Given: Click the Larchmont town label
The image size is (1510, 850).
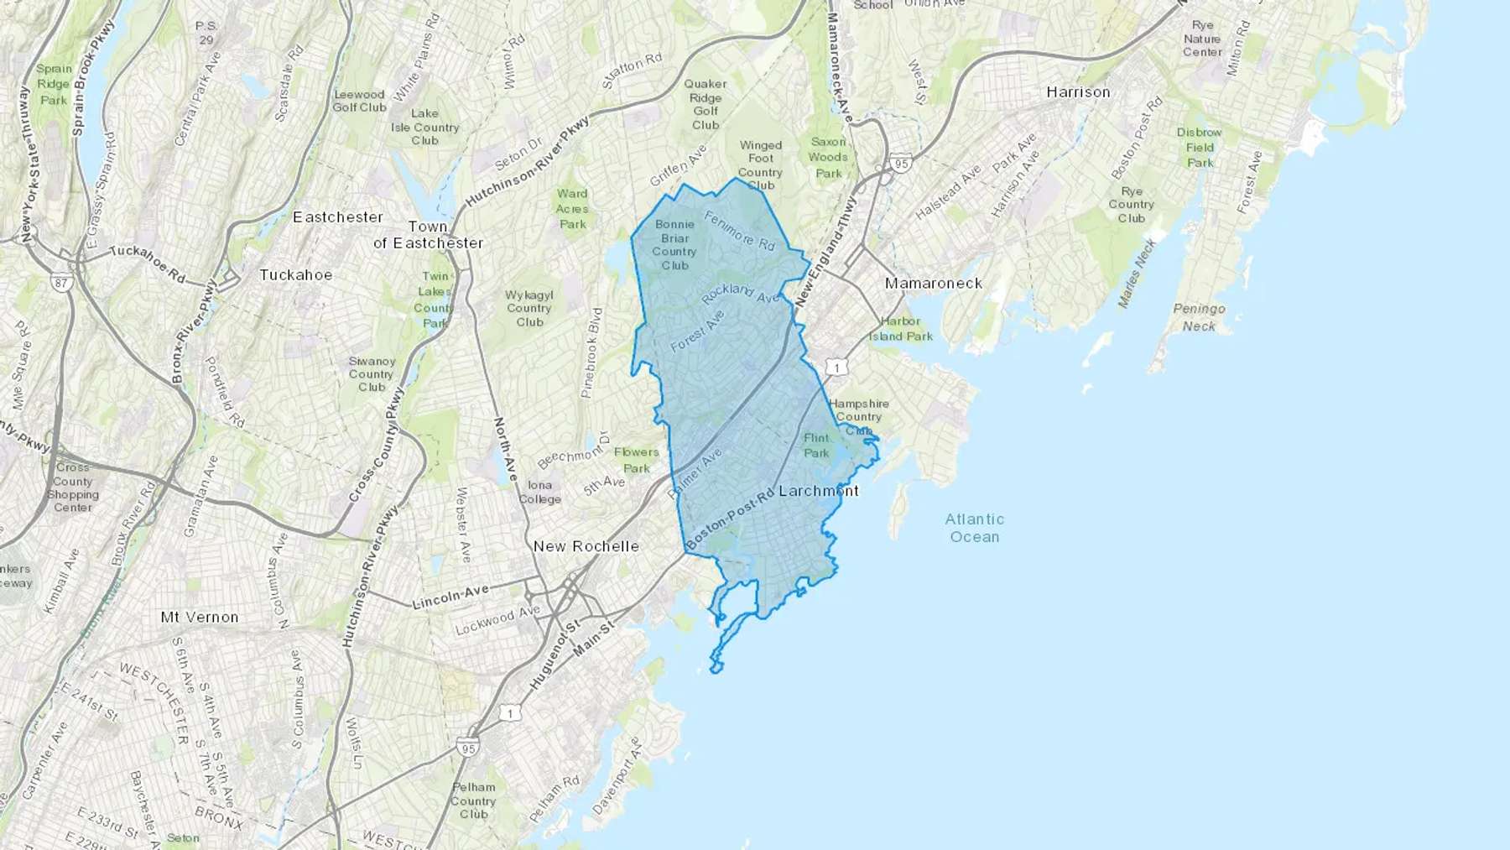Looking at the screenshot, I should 819,491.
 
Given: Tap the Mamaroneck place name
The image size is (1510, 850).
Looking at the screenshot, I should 933,284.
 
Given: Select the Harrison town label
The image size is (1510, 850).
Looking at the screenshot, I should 1078,92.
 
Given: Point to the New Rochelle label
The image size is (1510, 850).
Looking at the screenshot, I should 586,546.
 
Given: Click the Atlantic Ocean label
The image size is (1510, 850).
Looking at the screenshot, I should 974,528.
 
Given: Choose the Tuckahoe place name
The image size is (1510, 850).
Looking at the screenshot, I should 295,275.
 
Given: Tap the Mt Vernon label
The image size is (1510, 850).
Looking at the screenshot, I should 200,618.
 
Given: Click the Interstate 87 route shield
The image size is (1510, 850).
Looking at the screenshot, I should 60,283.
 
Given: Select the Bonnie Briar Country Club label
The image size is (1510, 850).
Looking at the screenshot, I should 674,245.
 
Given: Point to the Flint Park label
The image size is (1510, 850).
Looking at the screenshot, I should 816,446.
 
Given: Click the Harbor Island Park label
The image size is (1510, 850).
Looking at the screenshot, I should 901,329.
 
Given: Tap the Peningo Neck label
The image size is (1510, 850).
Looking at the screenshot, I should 1199,317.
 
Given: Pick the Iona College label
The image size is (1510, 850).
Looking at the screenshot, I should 539,493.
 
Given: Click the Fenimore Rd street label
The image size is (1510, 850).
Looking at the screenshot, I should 739,231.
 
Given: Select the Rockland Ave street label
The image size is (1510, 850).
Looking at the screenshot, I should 741,293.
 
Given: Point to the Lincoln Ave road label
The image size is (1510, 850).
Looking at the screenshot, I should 450,597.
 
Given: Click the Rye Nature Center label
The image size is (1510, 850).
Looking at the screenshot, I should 1202,39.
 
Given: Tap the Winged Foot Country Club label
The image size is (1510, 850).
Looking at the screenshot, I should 760,165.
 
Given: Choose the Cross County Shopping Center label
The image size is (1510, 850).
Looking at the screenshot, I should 73,488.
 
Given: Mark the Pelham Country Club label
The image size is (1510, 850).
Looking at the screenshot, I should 474,800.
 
